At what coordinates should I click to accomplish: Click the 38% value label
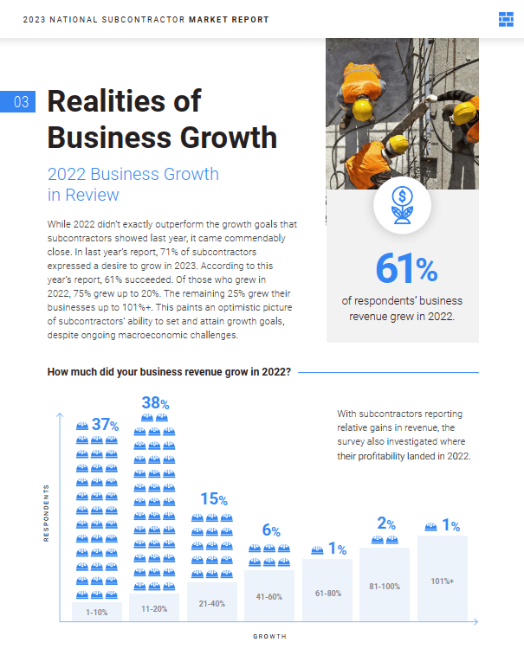point(156,402)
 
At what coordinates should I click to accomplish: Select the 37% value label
point(104,425)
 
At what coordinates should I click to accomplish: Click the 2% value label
point(386,523)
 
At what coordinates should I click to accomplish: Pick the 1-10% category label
point(97,613)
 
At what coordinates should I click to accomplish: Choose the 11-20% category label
point(154,608)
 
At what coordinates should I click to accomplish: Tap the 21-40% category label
point(211,603)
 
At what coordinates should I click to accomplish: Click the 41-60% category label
point(269,596)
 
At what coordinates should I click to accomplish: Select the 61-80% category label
point(327,592)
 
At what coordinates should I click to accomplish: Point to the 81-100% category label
point(385,587)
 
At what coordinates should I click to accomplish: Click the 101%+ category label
point(443,581)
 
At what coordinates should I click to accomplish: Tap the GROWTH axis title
point(269,636)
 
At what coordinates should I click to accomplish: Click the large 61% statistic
point(406,269)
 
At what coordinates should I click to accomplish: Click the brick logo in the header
point(507,19)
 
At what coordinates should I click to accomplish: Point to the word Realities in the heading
point(124,101)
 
